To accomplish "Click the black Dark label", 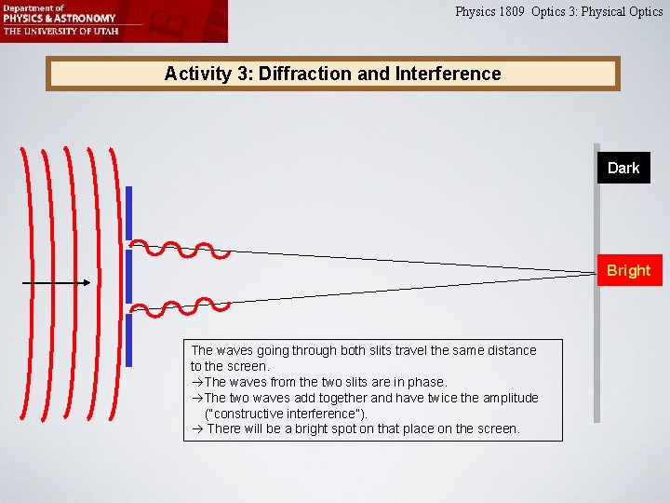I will point(623,168).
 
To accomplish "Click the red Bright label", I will point(629,270).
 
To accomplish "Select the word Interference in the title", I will point(448,74).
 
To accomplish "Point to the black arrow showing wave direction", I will point(55,281).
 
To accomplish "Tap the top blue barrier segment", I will point(128,211).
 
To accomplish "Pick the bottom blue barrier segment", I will point(128,339).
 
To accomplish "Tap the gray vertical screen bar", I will point(596,354).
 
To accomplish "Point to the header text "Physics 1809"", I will point(490,12).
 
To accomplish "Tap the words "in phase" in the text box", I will point(422,382).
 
